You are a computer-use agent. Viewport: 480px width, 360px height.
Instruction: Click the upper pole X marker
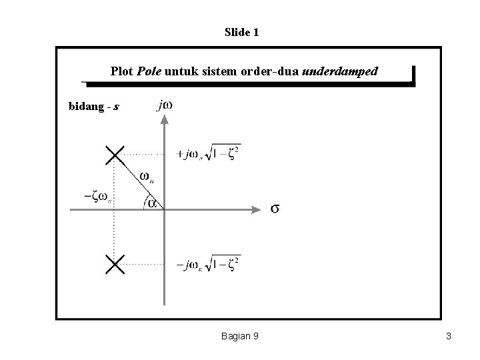115,155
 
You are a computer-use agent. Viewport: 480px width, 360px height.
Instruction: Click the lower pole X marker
115,265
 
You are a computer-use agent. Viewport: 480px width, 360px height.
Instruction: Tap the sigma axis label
275,209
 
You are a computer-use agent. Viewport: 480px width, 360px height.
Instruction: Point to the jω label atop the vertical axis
163,105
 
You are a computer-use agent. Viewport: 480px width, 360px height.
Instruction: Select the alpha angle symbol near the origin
152,203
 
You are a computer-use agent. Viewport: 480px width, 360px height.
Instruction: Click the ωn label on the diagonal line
148,177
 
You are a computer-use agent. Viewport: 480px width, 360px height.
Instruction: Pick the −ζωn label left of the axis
97,197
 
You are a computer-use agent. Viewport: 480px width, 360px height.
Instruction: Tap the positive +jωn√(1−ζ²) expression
207,154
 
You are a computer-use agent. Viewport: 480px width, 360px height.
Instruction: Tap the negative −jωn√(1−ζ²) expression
207,265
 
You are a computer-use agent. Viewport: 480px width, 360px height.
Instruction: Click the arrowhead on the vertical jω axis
163,119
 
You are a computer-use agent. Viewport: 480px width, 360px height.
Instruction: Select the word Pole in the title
149,70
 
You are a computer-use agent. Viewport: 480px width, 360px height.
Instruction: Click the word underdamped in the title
340,70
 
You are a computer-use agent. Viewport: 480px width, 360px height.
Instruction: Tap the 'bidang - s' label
94,106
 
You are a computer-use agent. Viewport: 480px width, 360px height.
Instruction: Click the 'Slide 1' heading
241,31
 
